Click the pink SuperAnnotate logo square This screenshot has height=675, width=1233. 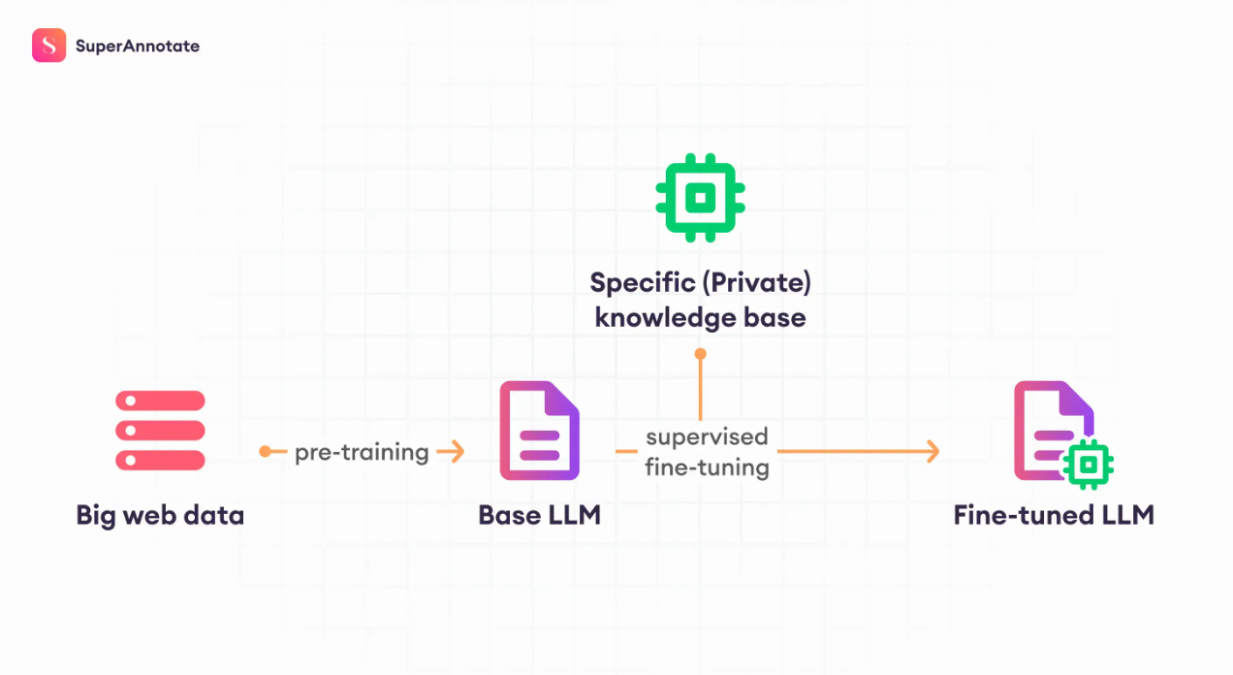(49, 46)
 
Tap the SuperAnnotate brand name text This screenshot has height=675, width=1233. (138, 46)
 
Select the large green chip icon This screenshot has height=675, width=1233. (700, 198)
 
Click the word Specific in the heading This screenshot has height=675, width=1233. (643, 282)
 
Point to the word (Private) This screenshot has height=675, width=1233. (756, 282)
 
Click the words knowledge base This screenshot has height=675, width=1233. (700, 318)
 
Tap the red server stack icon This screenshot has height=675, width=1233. (160, 430)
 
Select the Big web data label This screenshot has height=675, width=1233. (160, 515)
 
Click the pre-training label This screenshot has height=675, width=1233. (362, 453)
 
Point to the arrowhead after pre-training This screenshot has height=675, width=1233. (456, 452)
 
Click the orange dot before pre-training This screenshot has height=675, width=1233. (266, 452)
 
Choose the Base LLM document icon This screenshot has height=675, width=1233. (539, 430)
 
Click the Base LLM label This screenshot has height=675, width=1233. (539, 515)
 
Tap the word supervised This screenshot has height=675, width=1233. (707, 437)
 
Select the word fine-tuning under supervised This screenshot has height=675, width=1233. (707, 467)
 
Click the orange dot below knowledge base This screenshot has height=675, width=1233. (700, 353)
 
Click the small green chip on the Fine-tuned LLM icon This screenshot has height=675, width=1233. (1089, 465)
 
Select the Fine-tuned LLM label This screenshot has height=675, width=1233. (1054, 515)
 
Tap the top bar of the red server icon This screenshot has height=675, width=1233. (160, 401)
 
